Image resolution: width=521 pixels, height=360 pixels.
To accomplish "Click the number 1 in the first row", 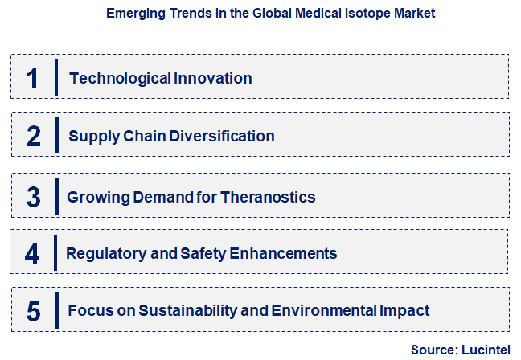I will (x=33, y=78).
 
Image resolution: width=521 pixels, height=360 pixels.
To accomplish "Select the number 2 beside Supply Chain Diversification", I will (x=33, y=136).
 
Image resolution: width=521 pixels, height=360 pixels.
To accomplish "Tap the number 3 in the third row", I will (x=33, y=197).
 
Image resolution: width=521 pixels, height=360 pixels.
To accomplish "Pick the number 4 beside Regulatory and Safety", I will (x=32, y=253).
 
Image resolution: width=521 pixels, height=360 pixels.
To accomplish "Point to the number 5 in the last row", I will (x=33, y=310).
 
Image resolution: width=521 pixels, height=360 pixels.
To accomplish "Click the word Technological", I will (x=120, y=78).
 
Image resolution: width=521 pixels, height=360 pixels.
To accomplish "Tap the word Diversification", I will (x=222, y=136).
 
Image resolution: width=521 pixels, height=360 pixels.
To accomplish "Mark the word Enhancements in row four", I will (x=283, y=253).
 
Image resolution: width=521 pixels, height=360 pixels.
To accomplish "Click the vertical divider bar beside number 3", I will (x=57, y=197).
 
